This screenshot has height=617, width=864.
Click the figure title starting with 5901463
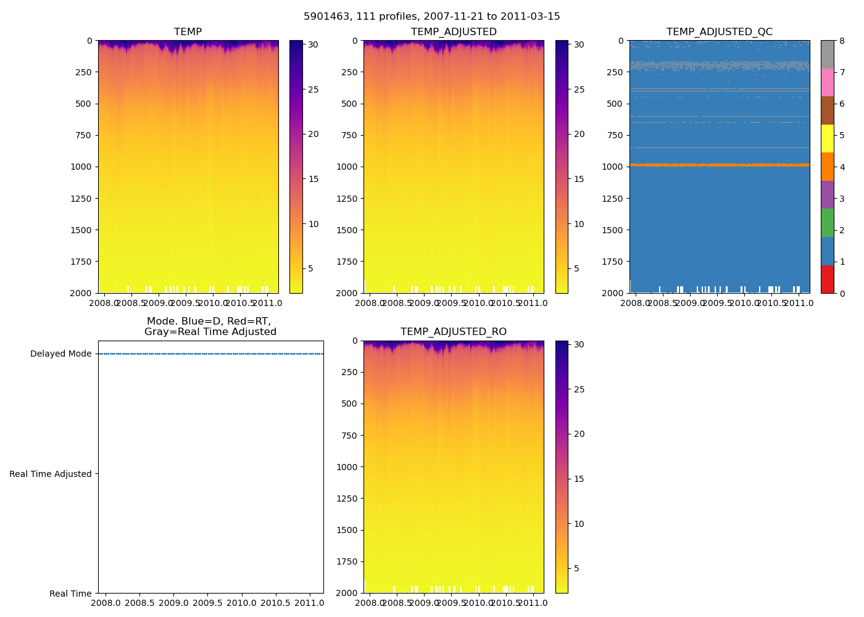(x=432, y=17)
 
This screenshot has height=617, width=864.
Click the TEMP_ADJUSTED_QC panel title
(x=719, y=32)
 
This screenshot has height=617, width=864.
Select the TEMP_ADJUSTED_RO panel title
(x=454, y=332)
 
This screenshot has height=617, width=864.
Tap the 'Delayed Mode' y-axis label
(x=60, y=354)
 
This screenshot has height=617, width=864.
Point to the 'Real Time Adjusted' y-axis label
(x=51, y=474)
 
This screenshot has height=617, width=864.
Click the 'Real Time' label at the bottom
(x=70, y=594)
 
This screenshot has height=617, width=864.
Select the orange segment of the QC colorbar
(x=827, y=167)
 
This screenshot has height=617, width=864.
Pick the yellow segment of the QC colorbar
(x=827, y=139)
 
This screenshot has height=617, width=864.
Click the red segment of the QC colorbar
(x=827, y=279)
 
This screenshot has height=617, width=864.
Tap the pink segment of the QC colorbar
(x=827, y=83)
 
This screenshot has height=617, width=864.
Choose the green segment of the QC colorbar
(x=827, y=223)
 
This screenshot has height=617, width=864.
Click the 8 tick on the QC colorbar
(x=842, y=41)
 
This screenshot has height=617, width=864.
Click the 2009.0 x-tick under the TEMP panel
(x=159, y=304)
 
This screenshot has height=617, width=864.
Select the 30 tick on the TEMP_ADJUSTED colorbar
(x=579, y=44)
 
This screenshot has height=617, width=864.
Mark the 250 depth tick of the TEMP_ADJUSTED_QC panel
(x=615, y=72)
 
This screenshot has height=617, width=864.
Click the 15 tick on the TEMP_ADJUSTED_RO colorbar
(x=579, y=479)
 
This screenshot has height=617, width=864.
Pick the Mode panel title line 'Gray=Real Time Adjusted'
(x=210, y=332)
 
